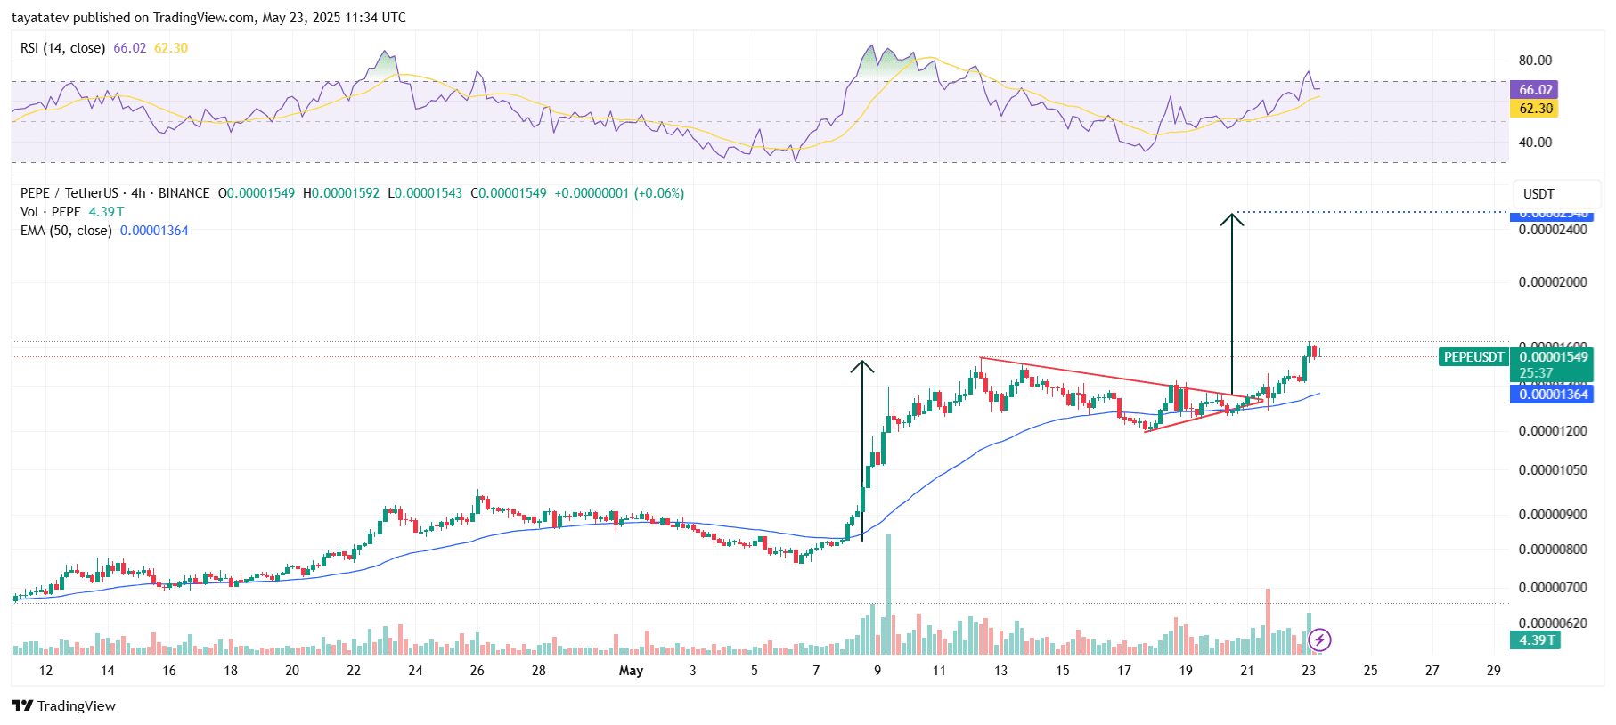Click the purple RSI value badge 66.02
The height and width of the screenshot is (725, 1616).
1534,89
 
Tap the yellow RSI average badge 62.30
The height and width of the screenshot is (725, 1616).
1534,109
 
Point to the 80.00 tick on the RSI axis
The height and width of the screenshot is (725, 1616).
1535,61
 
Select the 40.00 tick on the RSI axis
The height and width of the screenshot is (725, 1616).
1535,143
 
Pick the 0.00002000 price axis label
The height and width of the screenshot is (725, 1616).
1553,282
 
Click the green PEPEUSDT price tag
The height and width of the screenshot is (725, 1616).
1473,357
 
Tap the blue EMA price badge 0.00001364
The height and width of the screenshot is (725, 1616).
1553,395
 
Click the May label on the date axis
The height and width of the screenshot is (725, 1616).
631,671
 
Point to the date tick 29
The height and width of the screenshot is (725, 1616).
1493,671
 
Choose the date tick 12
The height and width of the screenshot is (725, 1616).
45,671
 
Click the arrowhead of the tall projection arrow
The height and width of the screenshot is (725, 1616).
1232,216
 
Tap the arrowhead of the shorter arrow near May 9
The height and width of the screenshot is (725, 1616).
862,363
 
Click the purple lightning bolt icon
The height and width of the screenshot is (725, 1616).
1319,639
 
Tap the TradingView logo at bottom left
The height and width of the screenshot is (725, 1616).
64,706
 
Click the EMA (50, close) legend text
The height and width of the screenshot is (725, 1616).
66,231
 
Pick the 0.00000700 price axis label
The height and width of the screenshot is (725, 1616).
1553,588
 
